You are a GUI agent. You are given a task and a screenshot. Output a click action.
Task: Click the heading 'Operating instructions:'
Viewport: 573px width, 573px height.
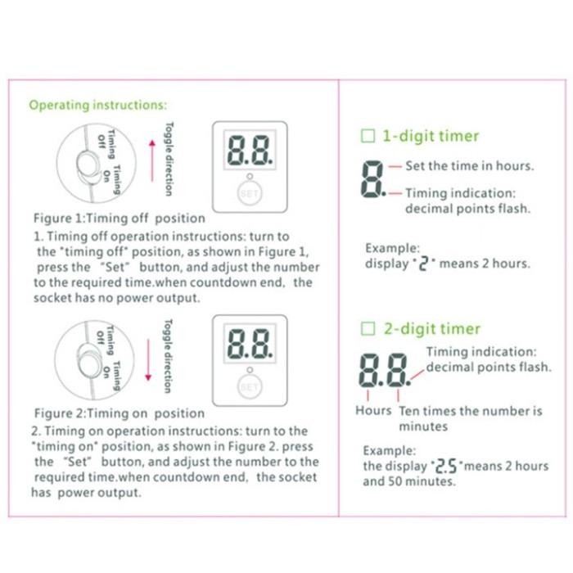(x=97, y=106)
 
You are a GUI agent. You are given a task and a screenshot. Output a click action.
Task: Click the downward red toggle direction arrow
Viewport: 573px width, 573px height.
(x=148, y=358)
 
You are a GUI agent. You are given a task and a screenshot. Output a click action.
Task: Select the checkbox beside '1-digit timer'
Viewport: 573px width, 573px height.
(x=368, y=136)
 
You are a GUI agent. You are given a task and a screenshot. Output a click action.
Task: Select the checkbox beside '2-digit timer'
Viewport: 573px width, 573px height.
(x=368, y=329)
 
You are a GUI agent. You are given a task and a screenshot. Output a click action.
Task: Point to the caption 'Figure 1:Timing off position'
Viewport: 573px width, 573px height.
(x=118, y=219)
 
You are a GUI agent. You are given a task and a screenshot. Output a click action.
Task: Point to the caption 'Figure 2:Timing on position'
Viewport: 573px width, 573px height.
(x=119, y=413)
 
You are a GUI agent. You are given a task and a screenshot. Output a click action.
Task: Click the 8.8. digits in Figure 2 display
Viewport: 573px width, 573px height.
(x=250, y=346)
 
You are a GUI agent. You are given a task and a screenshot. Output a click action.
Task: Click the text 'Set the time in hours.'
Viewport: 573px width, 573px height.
(x=469, y=166)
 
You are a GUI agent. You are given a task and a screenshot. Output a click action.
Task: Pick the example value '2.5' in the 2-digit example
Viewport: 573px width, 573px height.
(x=443, y=467)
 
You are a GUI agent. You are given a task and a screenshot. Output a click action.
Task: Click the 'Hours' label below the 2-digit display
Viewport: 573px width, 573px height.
(x=373, y=410)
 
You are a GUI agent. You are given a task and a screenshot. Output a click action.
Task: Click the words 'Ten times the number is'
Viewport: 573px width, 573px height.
(x=471, y=410)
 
